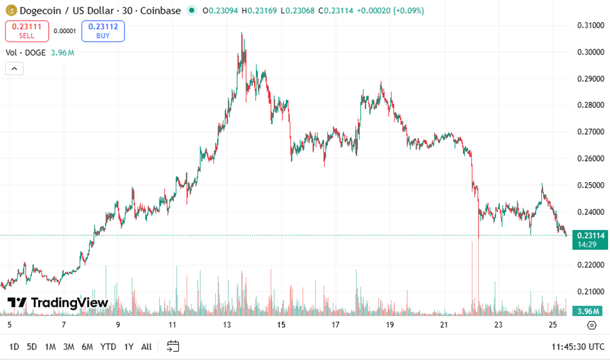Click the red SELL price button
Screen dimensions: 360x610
pos(27,31)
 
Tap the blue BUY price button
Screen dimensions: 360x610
pos(103,31)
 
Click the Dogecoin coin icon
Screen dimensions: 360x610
pos(11,11)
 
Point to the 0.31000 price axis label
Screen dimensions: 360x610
pos(590,25)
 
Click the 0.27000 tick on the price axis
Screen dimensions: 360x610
pos(590,132)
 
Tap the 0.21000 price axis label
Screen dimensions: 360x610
pos(590,292)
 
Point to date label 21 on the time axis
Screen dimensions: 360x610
pos(444,325)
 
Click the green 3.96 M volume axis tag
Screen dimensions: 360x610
pos(589,311)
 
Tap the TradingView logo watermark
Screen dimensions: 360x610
pos(58,303)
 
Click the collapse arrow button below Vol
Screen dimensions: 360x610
pos(14,68)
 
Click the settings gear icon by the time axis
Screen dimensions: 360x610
pos(591,325)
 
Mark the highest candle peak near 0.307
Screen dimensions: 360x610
pos(242,33)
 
